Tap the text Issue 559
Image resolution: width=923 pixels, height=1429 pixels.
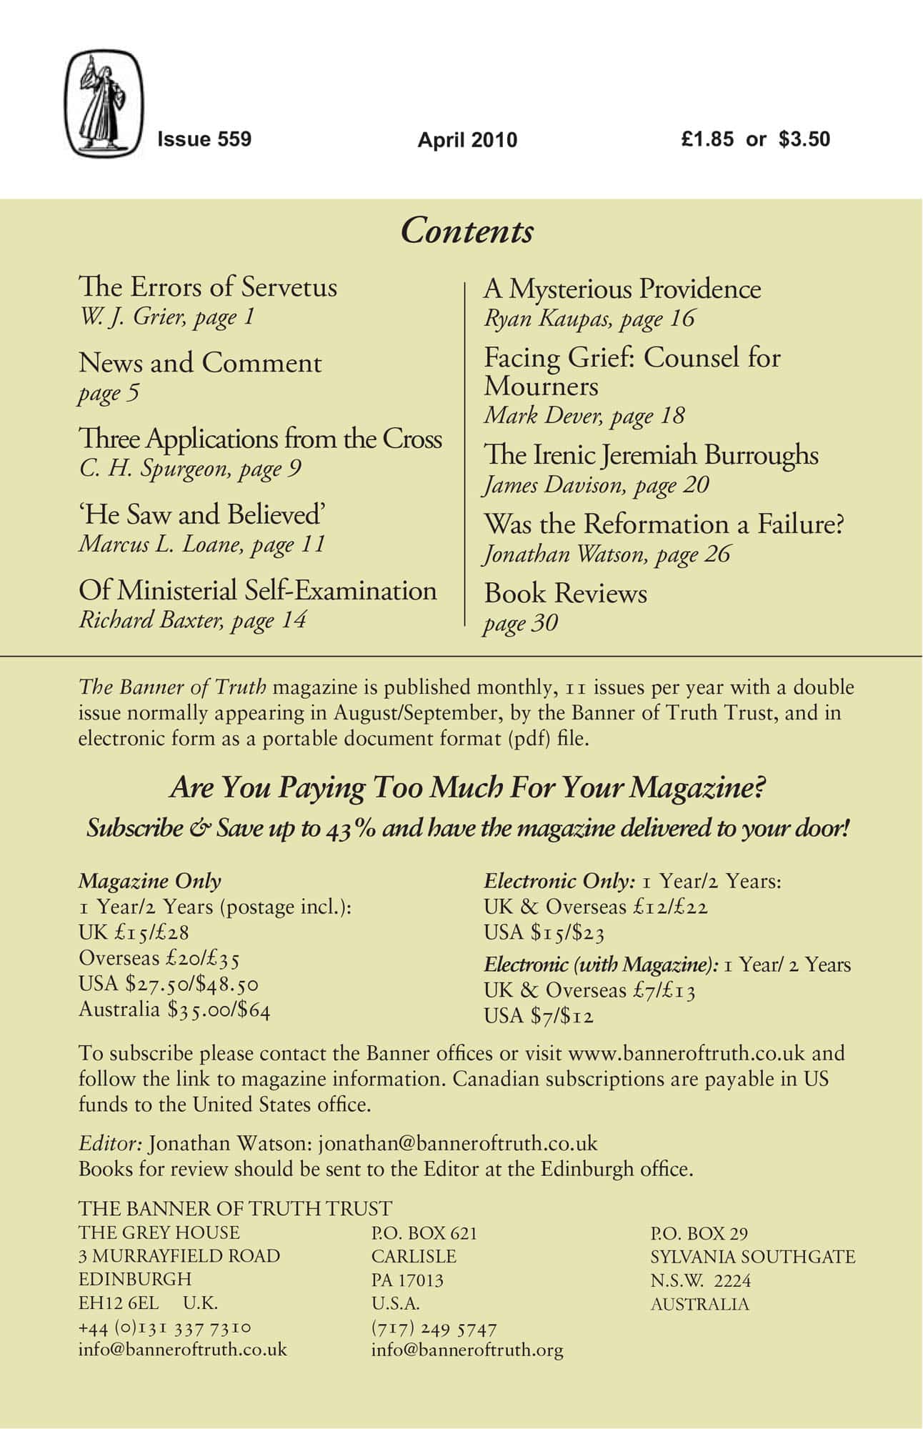tap(204, 139)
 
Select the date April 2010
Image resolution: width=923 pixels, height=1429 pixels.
tap(467, 139)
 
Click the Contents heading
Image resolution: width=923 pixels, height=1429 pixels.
tap(467, 231)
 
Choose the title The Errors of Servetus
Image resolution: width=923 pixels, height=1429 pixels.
tap(208, 287)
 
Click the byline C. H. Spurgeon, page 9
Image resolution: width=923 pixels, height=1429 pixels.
tap(189, 469)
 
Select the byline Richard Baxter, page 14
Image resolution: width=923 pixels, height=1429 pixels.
tap(192, 619)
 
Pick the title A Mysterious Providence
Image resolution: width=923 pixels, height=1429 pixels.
tap(622, 289)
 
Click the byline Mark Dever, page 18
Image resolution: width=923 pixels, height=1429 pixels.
tap(584, 415)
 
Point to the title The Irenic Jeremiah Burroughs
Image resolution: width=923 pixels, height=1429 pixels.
tap(651, 455)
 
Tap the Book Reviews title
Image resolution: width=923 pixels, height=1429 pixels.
tap(565, 593)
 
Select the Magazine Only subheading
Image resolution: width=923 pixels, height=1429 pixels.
tap(150, 881)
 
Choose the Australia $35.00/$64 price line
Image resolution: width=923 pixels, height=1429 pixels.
tap(174, 1010)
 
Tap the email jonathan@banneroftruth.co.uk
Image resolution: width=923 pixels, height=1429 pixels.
tap(458, 1143)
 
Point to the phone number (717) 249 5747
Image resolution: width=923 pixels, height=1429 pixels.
tap(434, 1328)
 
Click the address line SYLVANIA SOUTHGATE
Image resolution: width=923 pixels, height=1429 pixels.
tap(752, 1256)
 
